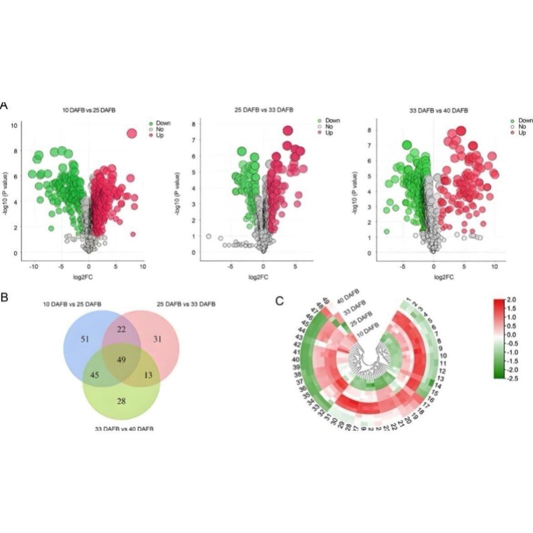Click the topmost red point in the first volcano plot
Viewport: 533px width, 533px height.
pyautogui.click(x=132, y=134)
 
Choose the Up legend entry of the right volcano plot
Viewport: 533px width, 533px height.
pyautogui.click(x=522, y=133)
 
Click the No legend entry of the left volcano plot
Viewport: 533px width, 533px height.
pyautogui.click(x=159, y=130)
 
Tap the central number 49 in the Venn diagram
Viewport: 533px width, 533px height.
pyautogui.click(x=121, y=360)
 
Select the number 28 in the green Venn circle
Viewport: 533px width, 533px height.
pyautogui.click(x=121, y=401)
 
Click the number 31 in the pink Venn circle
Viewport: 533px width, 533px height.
pyautogui.click(x=158, y=339)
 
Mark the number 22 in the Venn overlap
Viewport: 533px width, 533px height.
pyautogui.click(x=121, y=329)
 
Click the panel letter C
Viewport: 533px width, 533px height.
pyautogui.click(x=280, y=301)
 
